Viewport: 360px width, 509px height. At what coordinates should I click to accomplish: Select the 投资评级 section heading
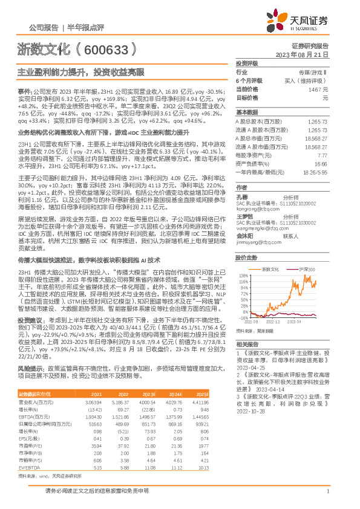(x=247, y=63)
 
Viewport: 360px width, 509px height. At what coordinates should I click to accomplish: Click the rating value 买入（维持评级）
(x=308, y=80)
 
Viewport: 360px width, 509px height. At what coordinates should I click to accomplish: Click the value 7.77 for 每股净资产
(x=322, y=155)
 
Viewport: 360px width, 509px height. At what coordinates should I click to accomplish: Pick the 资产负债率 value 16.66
(x=321, y=163)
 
